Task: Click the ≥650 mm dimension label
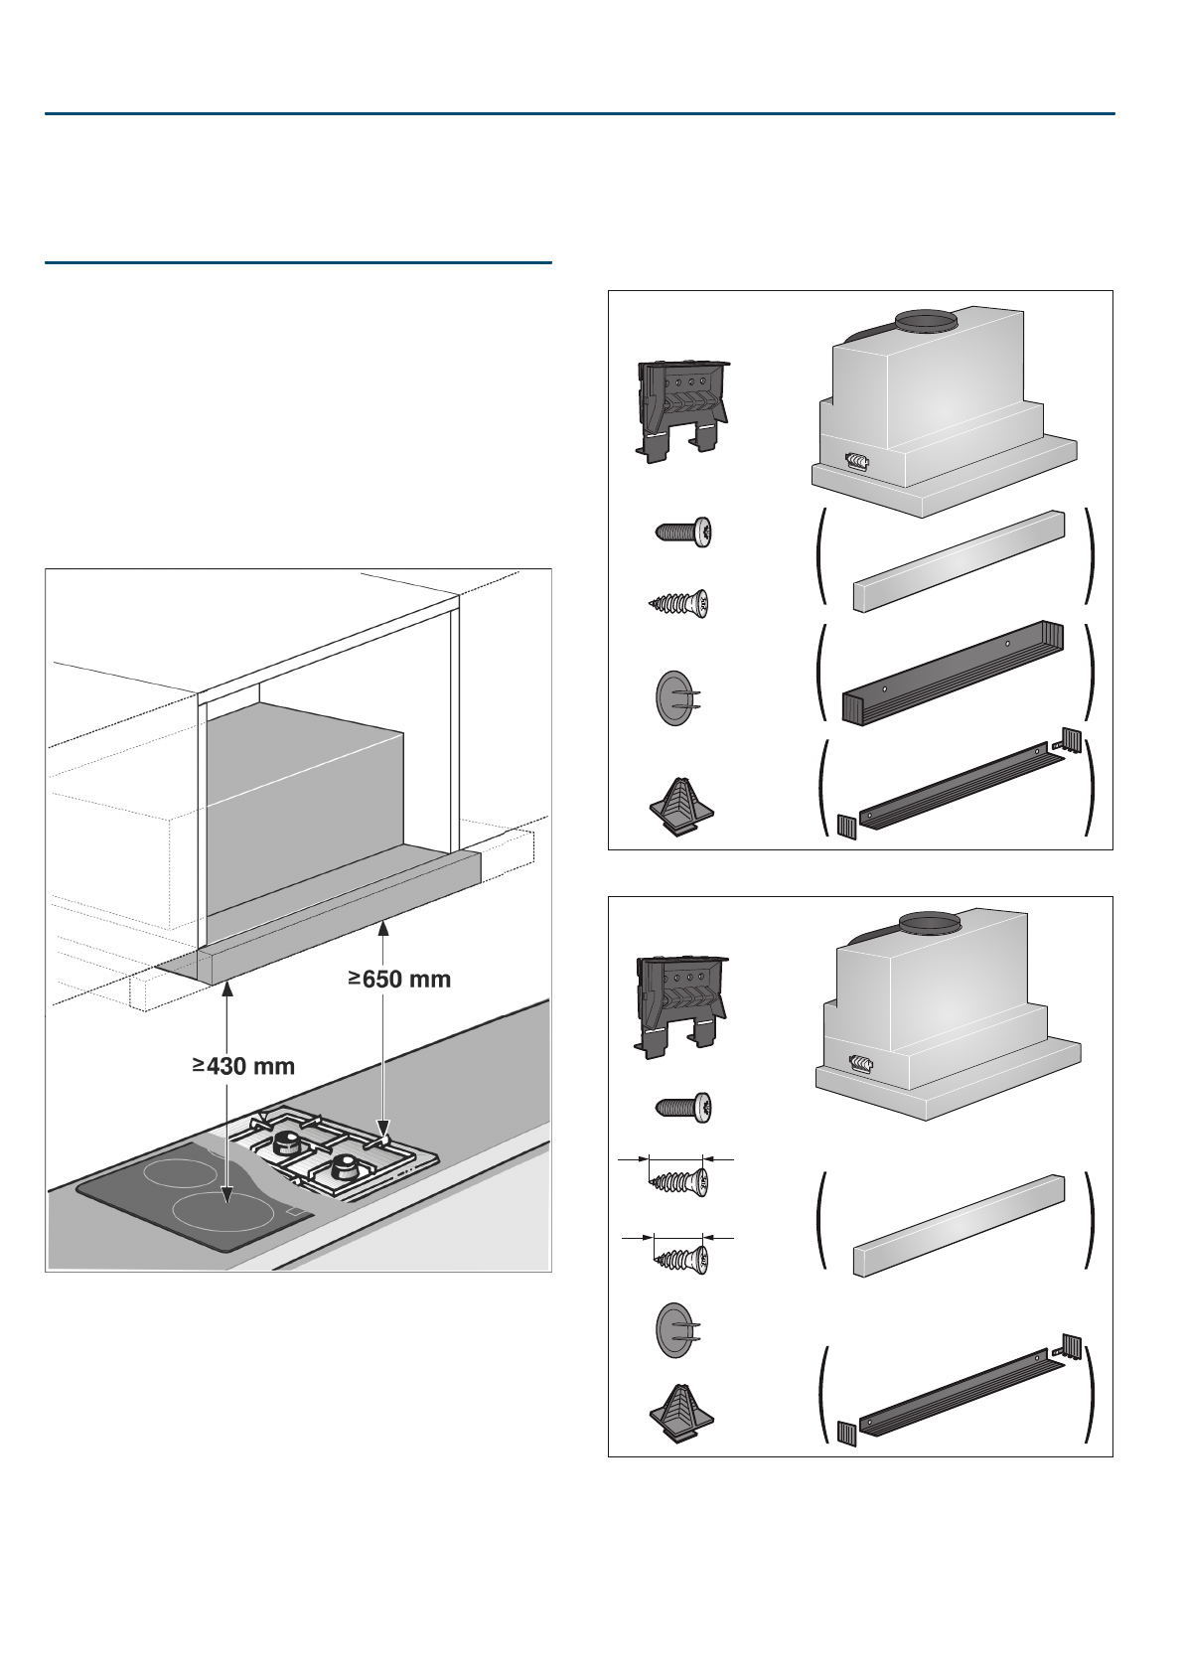tap(399, 980)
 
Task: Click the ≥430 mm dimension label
tap(244, 1066)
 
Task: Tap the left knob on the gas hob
tap(289, 1141)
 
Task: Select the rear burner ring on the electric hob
tap(180, 1171)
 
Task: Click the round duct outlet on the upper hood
tap(926, 322)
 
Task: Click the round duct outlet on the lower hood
tap(930, 925)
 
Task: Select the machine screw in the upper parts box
tap(683, 531)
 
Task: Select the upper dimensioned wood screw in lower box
tap(680, 1180)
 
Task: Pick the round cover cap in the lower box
tap(675, 1328)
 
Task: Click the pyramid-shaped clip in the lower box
tap(680, 1413)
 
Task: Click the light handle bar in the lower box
tap(959, 1225)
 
